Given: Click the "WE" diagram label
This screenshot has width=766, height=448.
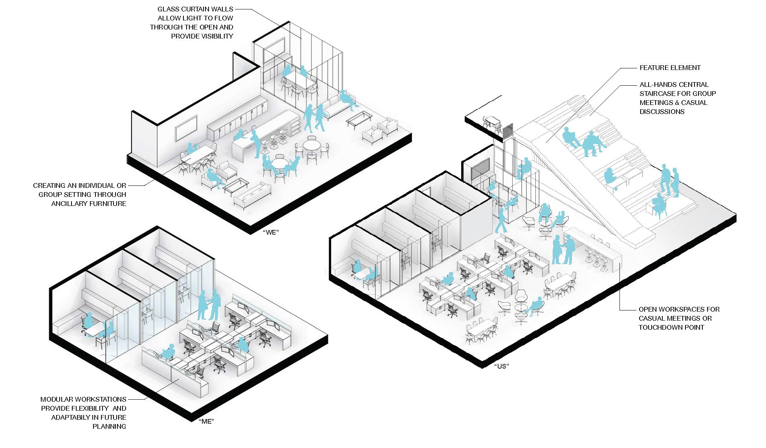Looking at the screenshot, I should click(271, 232).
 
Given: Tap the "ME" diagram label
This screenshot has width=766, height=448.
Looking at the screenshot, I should click(207, 422).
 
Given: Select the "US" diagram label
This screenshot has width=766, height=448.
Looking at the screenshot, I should click(502, 366).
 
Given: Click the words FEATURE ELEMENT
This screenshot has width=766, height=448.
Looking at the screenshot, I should click(670, 68).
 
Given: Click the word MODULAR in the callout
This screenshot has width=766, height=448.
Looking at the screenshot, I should click(59, 399).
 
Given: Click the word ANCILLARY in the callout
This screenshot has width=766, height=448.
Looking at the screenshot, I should click(69, 204).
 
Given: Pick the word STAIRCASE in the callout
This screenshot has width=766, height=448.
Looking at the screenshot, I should click(658, 94).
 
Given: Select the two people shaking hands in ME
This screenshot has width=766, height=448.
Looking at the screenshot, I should click(208, 305).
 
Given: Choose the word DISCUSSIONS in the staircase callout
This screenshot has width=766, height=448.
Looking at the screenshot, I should click(662, 112).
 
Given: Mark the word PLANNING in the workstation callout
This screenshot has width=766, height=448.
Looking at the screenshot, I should click(109, 426).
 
